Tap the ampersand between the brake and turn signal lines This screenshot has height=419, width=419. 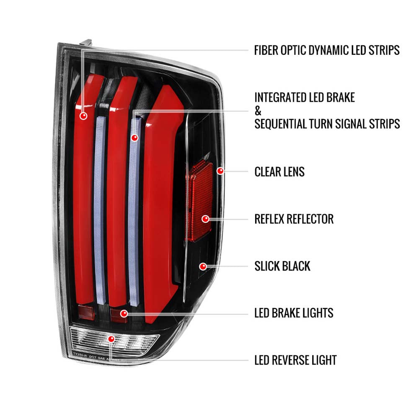point(258,111)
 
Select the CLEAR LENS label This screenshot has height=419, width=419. point(279,171)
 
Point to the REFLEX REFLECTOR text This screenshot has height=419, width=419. point(294,219)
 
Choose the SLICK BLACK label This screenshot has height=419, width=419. point(282,266)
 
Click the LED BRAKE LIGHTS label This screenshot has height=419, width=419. point(294,313)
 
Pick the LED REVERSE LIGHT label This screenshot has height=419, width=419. point(295,360)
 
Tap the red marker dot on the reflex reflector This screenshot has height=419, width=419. point(205,219)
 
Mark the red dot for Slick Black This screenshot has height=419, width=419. point(203,266)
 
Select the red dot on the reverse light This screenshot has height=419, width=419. point(111,339)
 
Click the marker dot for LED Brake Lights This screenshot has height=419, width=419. point(124,313)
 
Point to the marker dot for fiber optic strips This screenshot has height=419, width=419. point(83,115)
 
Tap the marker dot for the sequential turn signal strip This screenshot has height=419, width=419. point(134,137)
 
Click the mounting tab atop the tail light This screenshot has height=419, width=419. point(86,43)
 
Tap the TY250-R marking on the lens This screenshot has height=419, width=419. point(80,354)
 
